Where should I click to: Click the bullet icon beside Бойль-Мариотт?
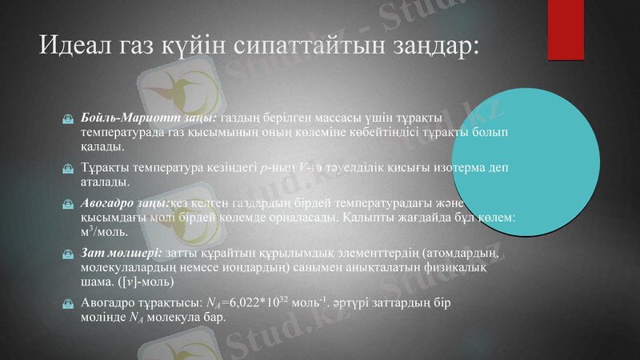click(69, 118)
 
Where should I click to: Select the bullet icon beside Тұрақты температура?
click(69, 169)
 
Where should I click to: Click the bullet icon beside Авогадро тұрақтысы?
click(69, 304)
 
